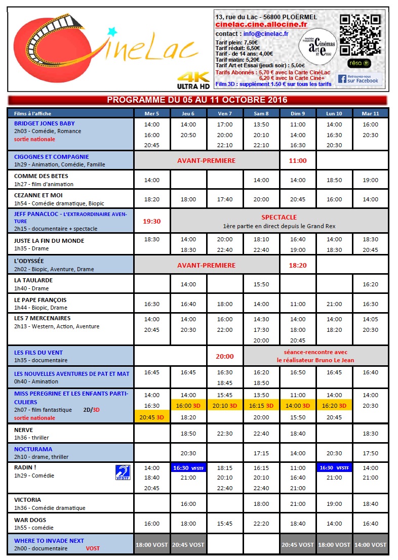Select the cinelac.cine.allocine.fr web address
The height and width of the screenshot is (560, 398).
pyautogui.click(x=261, y=24)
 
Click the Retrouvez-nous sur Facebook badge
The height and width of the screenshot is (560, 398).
pyautogui.click(x=359, y=79)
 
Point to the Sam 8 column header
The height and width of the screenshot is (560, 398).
pyautogui.click(x=261, y=113)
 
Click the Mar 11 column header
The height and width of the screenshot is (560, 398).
pyautogui.click(x=370, y=113)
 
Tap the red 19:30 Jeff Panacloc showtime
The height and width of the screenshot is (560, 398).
pyautogui.click(x=152, y=221)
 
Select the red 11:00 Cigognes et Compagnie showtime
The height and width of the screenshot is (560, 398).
pyautogui.click(x=298, y=160)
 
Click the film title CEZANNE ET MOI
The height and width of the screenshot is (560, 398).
pyautogui.click(x=38, y=195)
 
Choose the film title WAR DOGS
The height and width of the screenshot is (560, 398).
pyautogui.click(x=30, y=520)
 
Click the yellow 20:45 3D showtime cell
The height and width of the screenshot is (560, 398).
pyautogui.click(x=152, y=417)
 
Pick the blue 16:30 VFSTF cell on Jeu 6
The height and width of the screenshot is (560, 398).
pyautogui.click(x=189, y=468)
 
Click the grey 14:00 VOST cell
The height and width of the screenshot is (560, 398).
pyautogui.click(x=370, y=545)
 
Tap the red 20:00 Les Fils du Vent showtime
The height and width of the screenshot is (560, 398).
pyautogui.click(x=225, y=356)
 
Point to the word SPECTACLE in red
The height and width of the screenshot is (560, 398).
pyautogui.click(x=279, y=218)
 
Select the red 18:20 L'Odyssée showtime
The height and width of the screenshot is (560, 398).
pyautogui.click(x=298, y=265)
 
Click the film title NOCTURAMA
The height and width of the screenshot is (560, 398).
pyautogui.click(x=33, y=449)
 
